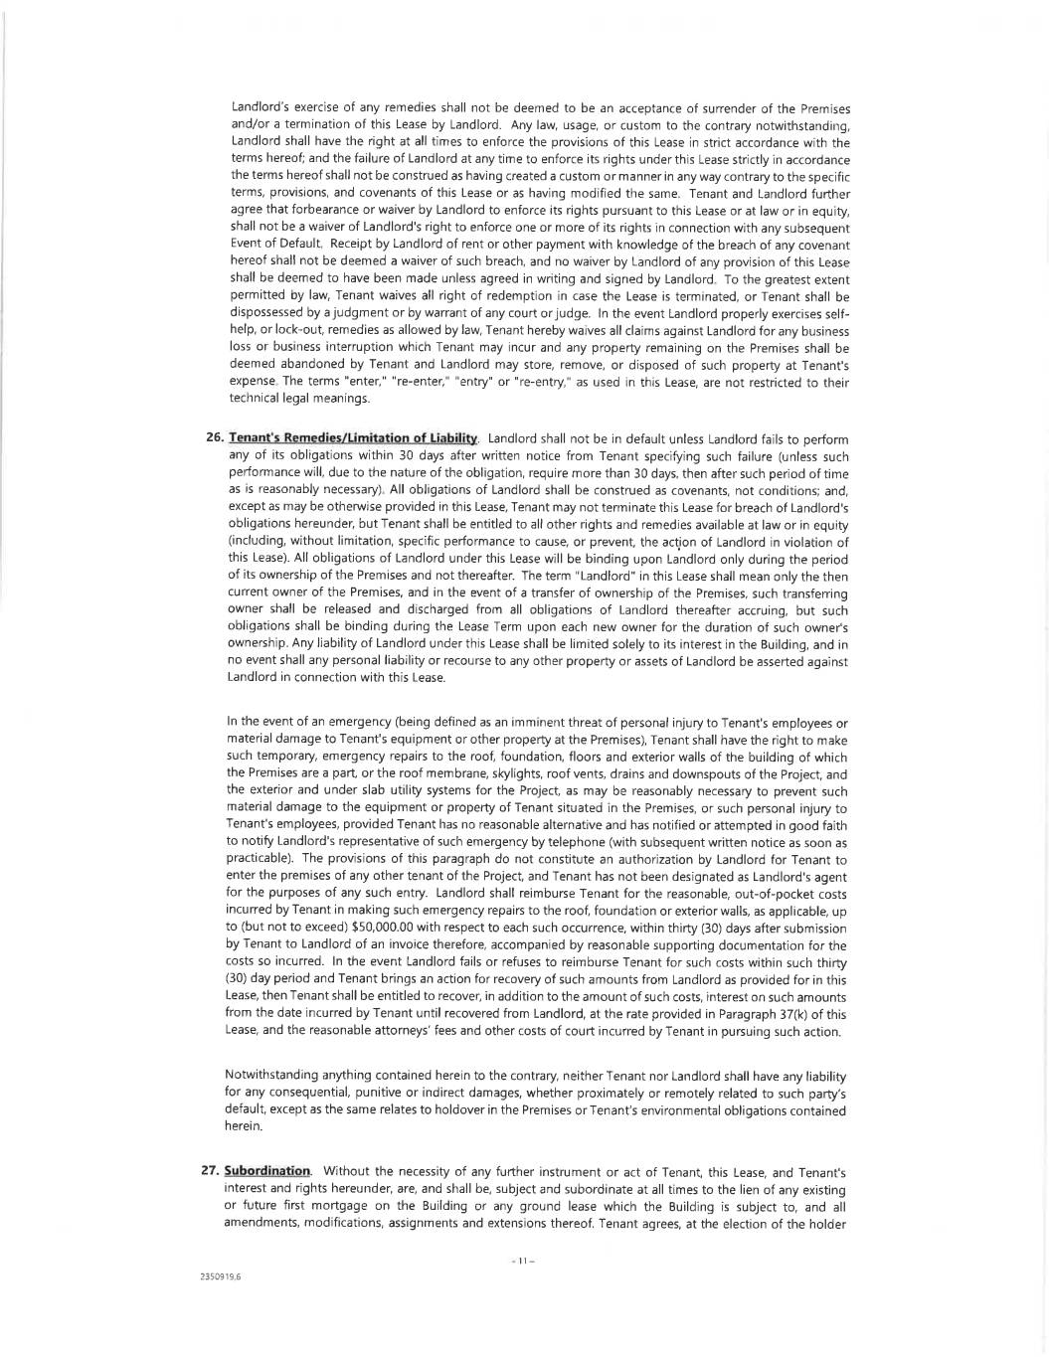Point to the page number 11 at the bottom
(x=523, y=1262)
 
